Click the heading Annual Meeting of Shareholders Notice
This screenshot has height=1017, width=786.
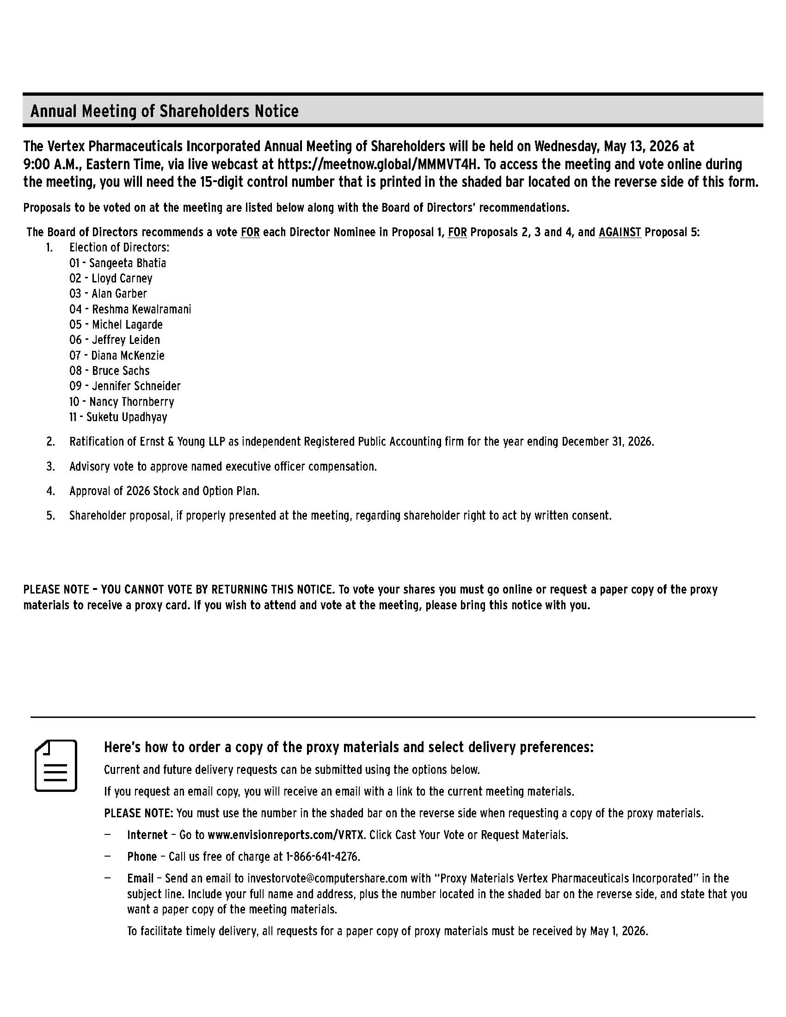point(165,111)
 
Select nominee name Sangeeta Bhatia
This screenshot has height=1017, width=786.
point(127,263)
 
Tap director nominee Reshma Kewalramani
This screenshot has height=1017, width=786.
point(141,309)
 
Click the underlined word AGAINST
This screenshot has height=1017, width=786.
point(620,232)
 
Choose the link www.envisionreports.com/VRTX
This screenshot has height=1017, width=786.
point(287,834)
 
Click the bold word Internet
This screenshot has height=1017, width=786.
point(147,834)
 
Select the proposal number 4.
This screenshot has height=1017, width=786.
point(50,491)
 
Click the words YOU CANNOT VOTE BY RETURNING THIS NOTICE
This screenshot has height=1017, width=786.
point(217,589)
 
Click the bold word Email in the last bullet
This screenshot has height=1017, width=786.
point(140,878)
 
